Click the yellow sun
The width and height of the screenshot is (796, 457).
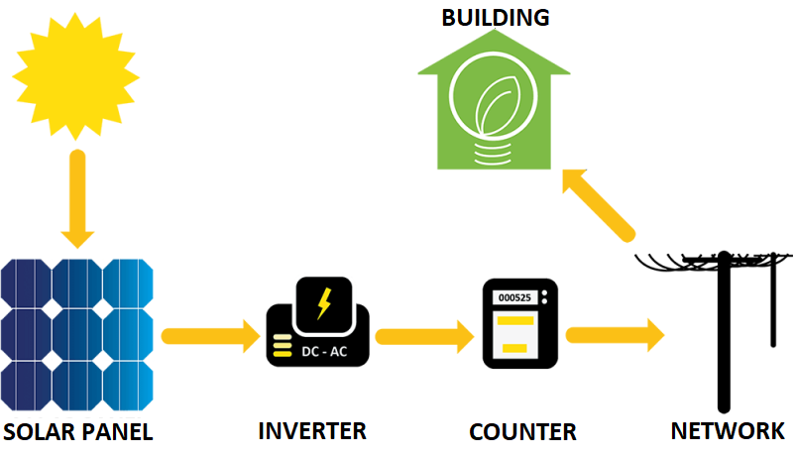75,76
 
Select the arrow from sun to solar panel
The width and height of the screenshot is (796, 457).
77,198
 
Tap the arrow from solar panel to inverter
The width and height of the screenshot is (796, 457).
211,336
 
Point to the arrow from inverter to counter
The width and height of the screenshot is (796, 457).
424,336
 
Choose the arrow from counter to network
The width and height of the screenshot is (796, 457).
615,335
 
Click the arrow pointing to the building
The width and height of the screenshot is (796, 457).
598,205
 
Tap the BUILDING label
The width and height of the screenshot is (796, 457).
496,18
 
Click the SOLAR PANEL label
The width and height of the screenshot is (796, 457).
77,432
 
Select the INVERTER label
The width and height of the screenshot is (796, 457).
312,431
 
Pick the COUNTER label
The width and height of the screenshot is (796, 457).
522,432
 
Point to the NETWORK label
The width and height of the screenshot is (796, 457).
728,431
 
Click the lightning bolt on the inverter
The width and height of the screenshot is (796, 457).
324,303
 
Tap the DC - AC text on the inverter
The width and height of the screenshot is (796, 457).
324,351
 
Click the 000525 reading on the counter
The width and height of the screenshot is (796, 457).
514,297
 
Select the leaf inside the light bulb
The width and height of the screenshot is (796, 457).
496,105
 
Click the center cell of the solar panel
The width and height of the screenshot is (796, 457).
77,335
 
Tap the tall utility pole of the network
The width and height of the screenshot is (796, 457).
724,332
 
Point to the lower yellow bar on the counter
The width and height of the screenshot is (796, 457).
514,348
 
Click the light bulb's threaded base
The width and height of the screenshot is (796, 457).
493,154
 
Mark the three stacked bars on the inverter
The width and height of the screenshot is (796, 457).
283,345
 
